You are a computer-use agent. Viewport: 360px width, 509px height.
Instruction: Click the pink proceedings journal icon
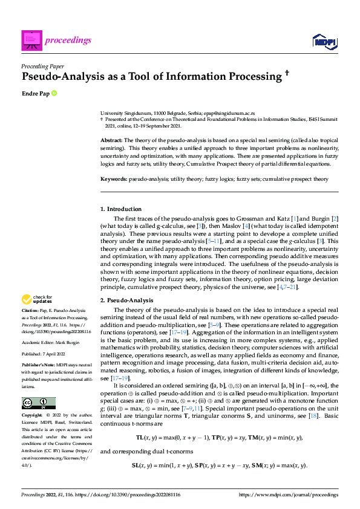pyautogui.click(x=31, y=40)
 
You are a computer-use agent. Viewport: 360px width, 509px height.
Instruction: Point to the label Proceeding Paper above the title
pyautogui.click(x=43, y=65)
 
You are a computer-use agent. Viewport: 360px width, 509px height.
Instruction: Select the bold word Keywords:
pyautogui.click(x=113, y=180)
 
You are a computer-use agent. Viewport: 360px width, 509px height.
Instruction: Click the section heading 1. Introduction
pyautogui.click(x=121, y=209)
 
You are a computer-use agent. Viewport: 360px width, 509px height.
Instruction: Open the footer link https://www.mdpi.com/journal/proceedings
pyautogui.click(x=289, y=494)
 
